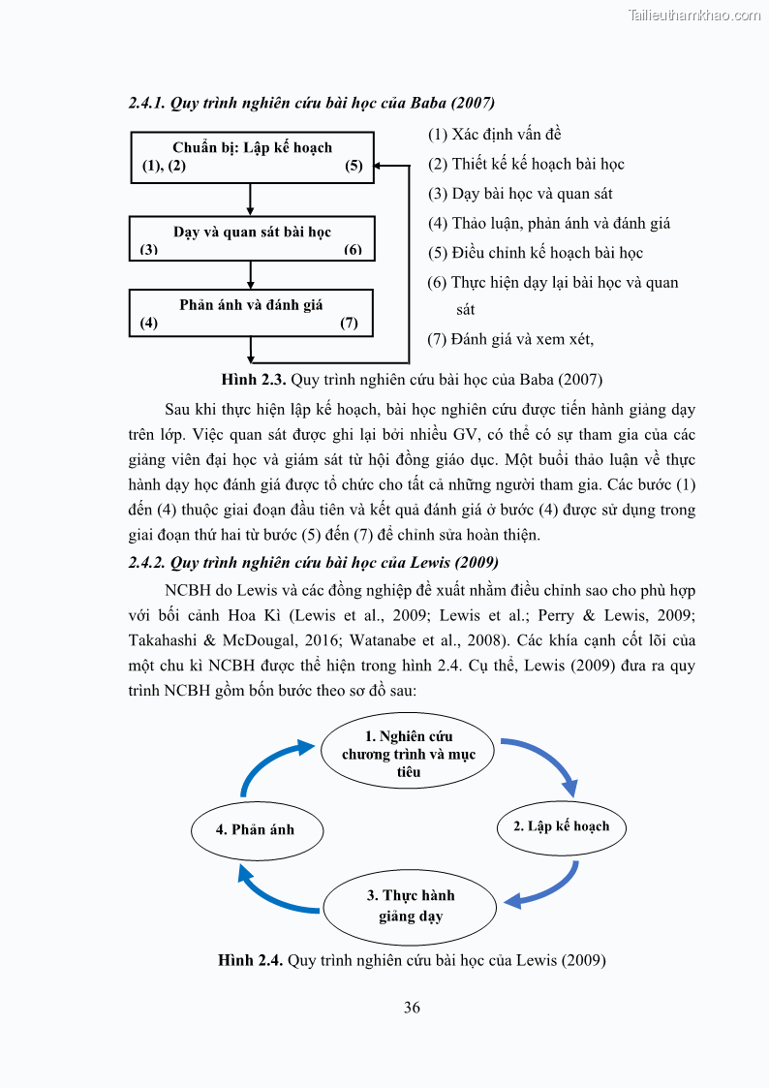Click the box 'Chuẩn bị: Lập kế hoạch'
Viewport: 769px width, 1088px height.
252,157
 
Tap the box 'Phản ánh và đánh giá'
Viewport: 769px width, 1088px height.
252,312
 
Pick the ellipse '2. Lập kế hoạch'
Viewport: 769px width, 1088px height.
562,826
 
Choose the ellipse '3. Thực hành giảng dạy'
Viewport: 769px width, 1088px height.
410,906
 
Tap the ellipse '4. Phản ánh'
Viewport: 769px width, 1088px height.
255,829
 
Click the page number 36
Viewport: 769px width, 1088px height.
412,1008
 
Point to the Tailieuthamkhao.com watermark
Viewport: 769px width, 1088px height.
694,15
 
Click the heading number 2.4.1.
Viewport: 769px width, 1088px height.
147,103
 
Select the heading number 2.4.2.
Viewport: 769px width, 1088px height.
147,562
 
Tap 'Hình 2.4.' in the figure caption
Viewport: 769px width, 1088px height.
251,960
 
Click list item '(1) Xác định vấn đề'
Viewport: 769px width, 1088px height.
494,135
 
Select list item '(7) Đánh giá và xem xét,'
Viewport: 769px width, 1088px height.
510,339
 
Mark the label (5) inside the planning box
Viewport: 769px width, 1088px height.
354,166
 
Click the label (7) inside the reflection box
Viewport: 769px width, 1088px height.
349,324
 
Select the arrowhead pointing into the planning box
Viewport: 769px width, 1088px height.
380,166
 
